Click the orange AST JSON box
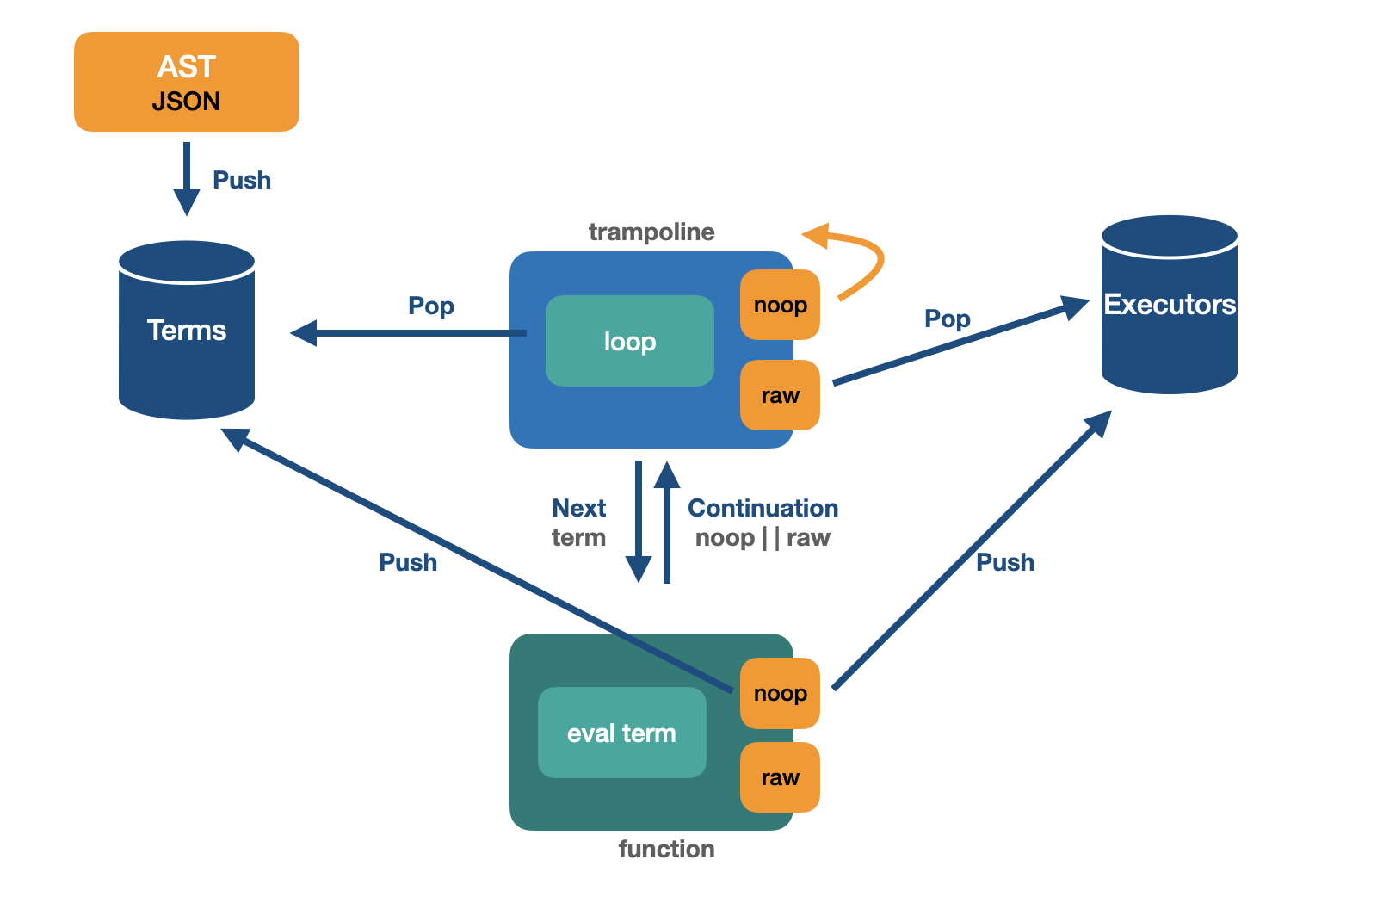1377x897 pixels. pos(187,82)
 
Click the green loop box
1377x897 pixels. pos(630,342)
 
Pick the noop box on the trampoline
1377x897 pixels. pos(780,306)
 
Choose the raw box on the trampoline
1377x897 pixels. pos(780,395)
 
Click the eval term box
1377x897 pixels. pos(621,733)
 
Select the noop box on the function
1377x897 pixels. pos(780,694)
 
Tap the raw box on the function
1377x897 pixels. pos(780,777)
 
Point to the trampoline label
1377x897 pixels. pos(651,232)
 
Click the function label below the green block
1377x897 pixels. pos(666,850)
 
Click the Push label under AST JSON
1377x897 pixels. pos(242,181)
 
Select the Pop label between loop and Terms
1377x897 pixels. pos(430,306)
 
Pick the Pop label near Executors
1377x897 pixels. pos(947,319)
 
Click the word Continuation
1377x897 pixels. pos(763,508)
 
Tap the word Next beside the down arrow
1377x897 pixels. pos(578,508)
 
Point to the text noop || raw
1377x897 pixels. pos(763,538)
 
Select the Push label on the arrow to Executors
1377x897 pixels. pos(1004,562)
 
